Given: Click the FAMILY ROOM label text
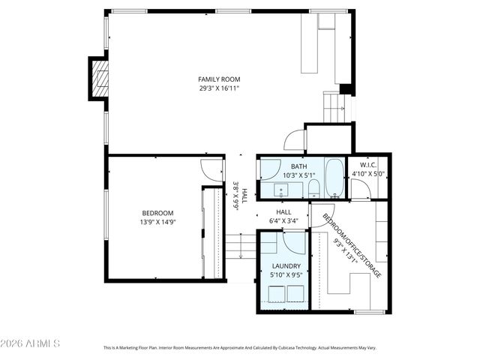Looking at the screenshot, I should [x=219, y=79].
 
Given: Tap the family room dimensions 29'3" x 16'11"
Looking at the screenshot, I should [x=219, y=88].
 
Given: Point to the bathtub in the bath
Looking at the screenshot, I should [x=335, y=178].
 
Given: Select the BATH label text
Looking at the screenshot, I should [x=298, y=166].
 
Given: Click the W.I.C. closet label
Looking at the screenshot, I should [x=367, y=165].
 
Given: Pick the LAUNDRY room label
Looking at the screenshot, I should [x=286, y=266].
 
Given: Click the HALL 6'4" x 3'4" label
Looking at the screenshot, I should [x=283, y=216].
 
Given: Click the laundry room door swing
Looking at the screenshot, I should [x=292, y=243].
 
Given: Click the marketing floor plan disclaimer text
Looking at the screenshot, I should [x=239, y=348].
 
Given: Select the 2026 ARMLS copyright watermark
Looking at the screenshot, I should [x=30, y=343].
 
